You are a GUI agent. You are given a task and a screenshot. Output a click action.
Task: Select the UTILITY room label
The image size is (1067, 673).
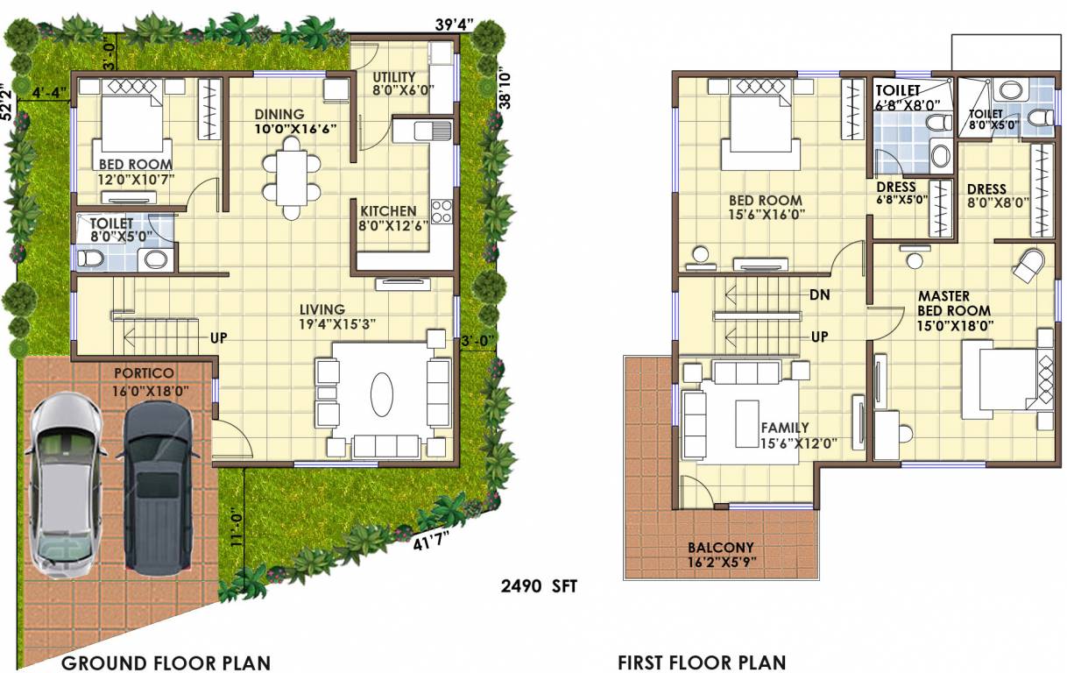coord(393,78)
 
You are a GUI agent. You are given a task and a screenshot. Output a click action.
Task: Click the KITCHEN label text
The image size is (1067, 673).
coord(388,211)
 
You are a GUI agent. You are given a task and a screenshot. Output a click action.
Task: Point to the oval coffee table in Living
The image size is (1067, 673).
coord(382,394)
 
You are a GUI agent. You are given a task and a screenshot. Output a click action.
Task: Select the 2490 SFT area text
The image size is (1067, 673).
coord(539,586)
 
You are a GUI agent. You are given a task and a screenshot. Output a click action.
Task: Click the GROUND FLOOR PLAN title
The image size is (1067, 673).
coord(166,662)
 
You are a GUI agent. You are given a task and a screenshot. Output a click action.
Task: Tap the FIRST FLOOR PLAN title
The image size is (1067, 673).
coord(702,662)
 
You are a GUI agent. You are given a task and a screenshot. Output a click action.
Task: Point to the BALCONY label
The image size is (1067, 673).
coord(720,548)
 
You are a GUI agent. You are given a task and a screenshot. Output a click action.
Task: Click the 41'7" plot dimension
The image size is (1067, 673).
coord(430,536)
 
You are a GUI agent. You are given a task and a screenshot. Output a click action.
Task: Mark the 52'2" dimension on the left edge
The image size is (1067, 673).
coord(8,100)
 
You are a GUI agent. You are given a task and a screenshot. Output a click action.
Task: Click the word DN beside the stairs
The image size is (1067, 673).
coord(819,294)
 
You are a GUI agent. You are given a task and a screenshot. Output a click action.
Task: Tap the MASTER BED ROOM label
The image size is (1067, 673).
coord(954,304)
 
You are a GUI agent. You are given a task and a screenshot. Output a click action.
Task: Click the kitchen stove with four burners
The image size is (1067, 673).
coord(442,211)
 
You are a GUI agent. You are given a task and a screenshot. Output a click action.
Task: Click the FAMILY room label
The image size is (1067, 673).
coord(784,428)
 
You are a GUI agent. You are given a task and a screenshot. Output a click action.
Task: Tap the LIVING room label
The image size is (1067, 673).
coord(322,309)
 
